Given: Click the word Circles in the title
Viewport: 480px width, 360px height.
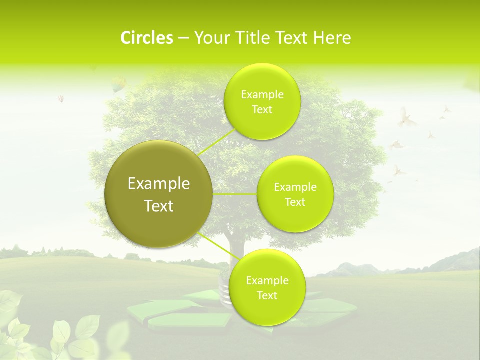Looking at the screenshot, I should [x=146, y=38].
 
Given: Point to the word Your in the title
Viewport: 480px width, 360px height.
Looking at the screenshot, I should [x=210, y=38].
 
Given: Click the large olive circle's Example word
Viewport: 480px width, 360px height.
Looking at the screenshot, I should [x=159, y=184].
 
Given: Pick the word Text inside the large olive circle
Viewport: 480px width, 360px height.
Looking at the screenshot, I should [x=159, y=206].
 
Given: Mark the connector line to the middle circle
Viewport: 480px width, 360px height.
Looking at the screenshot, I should [x=235, y=194].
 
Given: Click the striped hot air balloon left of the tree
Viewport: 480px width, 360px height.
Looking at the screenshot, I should [x=61, y=99].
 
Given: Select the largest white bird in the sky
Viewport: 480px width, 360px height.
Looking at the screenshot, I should [x=407, y=118].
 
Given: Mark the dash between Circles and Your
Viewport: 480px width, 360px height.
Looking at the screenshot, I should [x=183, y=38].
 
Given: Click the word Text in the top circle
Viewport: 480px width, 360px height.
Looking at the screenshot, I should [x=262, y=110].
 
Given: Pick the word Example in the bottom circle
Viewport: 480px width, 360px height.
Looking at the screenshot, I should [x=267, y=280].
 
